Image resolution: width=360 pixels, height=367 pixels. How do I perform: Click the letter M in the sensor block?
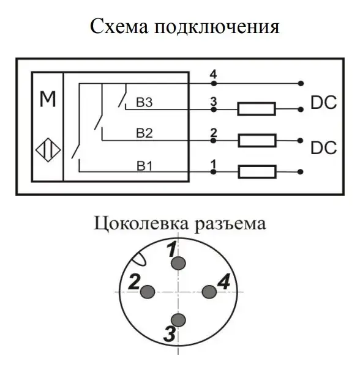tap(48, 99)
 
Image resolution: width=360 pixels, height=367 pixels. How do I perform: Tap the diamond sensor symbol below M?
tap(48, 150)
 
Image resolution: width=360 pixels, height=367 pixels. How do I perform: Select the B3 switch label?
tap(144, 102)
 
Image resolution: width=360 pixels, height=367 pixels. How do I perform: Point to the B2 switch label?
tap(144, 133)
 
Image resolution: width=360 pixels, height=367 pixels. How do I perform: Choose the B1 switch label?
tap(144, 166)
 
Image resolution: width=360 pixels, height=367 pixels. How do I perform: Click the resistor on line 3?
tap(257, 109)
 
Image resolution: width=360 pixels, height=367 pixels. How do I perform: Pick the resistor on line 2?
tap(257, 141)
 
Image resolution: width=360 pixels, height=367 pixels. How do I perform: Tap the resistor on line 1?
tap(257, 172)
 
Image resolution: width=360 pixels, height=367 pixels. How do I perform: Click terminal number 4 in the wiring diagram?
tap(213, 75)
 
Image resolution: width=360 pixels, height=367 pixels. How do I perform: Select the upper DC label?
tap(323, 103)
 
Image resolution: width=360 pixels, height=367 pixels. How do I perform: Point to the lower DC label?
tap(323, 147)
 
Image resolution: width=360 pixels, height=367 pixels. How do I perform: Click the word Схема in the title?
tap(119, 26)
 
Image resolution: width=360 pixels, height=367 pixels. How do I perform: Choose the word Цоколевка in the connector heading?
tap(141, 223)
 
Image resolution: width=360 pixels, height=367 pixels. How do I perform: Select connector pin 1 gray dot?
tap(179, 263)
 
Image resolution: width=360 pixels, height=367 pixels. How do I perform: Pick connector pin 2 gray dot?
tap(148, 292)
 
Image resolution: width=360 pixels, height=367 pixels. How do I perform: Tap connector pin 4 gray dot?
tap(209, 292)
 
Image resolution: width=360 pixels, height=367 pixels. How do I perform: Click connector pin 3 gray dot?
tap(179, 320)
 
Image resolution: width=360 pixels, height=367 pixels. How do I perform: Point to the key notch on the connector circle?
tap(139, 259)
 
